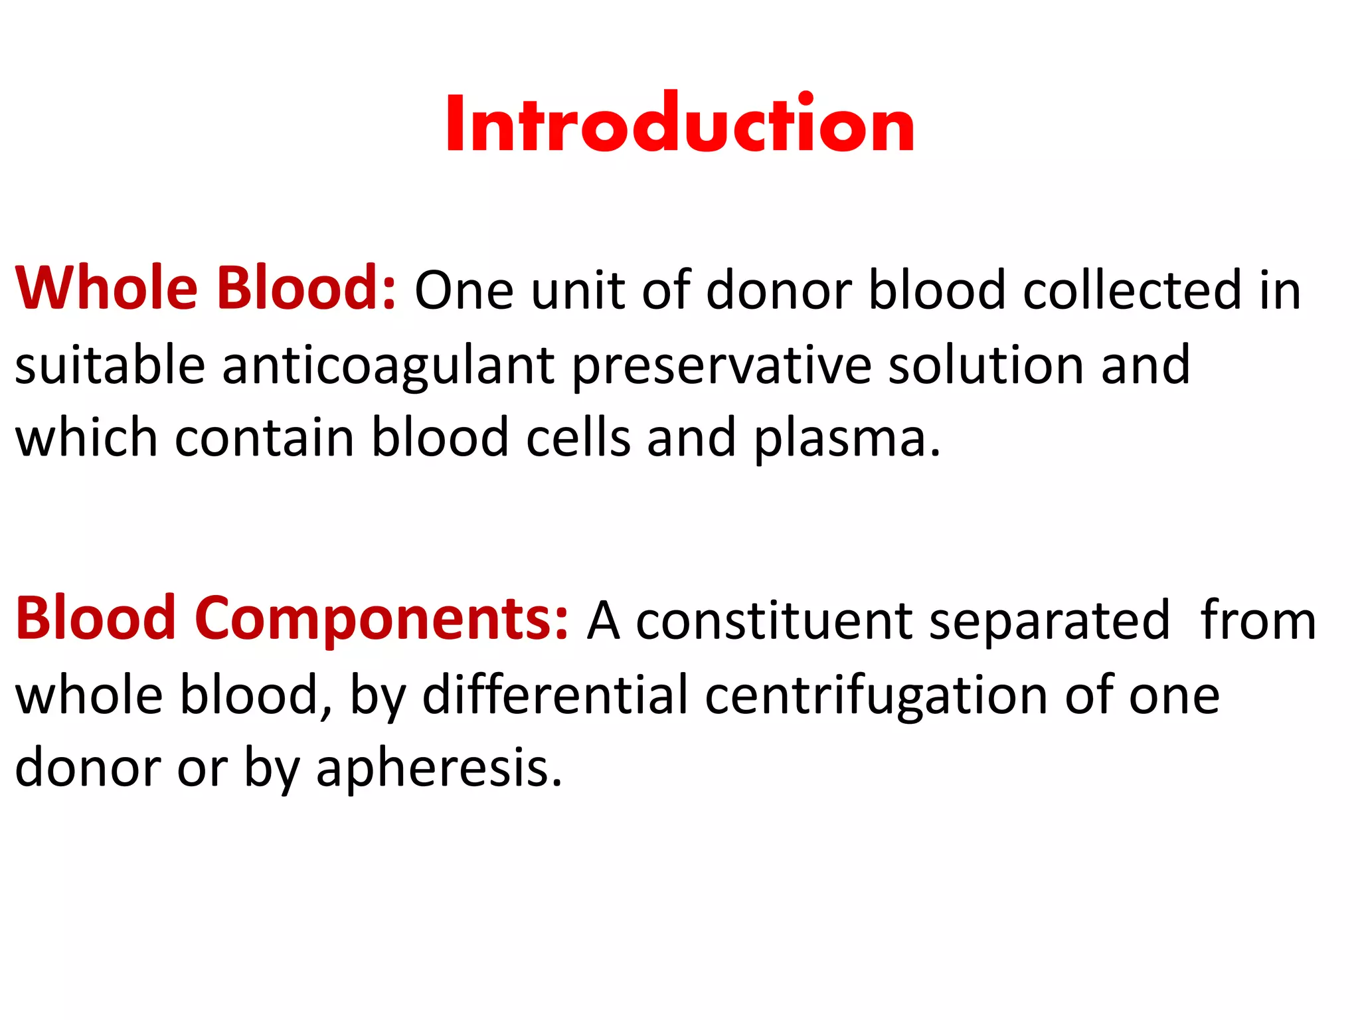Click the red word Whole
tap(106, 289)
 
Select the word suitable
tap(110, 365)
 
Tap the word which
tap(86, 438)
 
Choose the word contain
tap(264, 438)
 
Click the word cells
tap(578, 438)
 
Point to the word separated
tap(1049, 622)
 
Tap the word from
tap(1258, 620)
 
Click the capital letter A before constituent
tap(604, 622)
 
